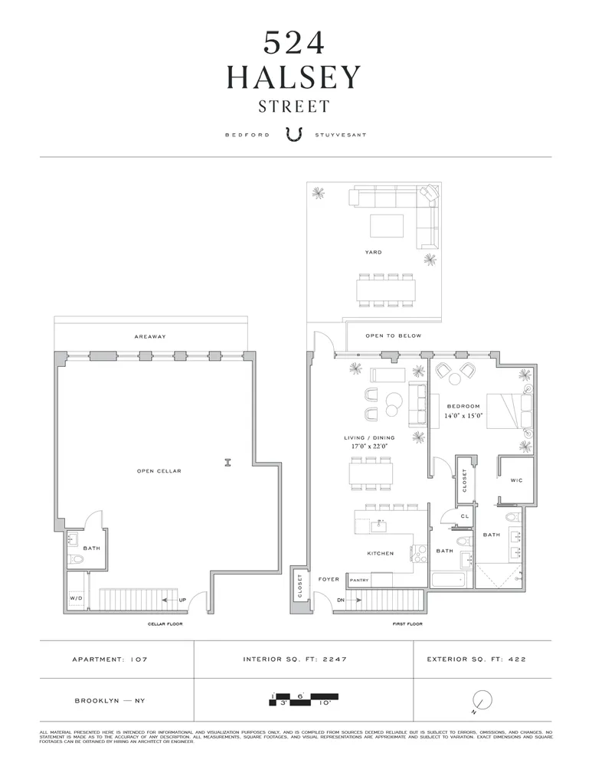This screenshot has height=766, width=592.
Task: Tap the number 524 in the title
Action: pos(295,43)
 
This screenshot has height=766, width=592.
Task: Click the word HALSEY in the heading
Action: pos(295,77)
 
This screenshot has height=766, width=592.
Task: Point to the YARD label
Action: pos(374,252)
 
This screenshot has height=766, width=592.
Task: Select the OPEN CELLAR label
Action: pos(159,471)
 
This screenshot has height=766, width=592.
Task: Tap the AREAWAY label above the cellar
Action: pos(150,336)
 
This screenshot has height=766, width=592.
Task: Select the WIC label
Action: pos(516,480)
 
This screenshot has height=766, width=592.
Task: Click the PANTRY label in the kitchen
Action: pos(359,581)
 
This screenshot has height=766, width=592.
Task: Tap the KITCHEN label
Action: pos(381,553)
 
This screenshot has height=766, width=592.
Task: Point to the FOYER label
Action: pos(329,580)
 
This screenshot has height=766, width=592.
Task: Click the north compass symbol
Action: pos(481,699)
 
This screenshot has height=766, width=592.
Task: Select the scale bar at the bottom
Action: pos(304,699)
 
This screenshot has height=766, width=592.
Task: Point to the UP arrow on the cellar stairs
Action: pos(174,599)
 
